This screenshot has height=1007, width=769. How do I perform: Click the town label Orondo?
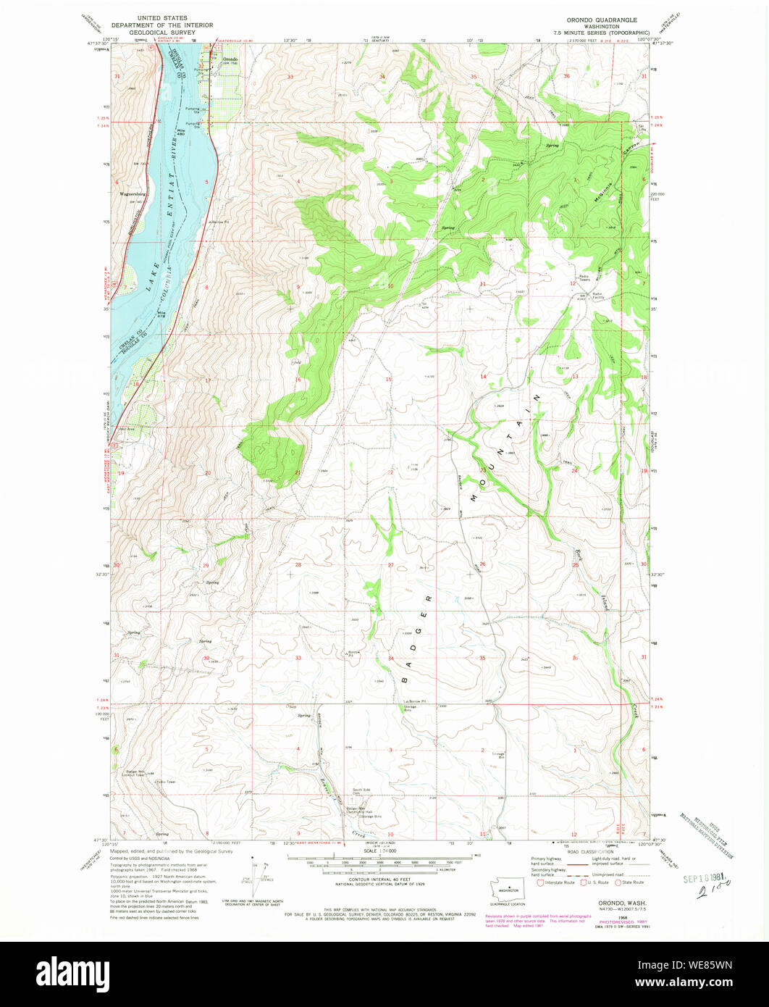click(x=230, y=59)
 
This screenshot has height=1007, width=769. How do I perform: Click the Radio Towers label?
click(x=584, y=277)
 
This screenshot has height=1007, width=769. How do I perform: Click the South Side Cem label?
click(x=361, y=791)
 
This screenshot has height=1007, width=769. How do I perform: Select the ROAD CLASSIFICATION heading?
click(x=591, y=853)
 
